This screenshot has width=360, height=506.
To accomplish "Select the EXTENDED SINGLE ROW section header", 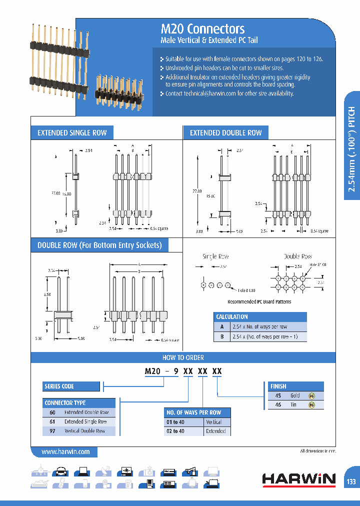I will tap(72, 133).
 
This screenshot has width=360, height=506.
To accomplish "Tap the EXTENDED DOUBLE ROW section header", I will tap(226, 133).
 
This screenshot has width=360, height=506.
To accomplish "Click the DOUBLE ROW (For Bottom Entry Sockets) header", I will tap(100, 245).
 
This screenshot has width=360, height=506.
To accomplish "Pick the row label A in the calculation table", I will tap(221, 326).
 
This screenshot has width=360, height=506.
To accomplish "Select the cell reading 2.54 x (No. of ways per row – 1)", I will tap(264, 337).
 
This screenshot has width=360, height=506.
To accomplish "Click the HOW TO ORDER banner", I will tap(183, 357).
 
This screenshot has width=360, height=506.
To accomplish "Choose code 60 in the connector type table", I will tap(52, 412).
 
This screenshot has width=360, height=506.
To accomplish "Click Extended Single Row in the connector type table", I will tap(85, 421).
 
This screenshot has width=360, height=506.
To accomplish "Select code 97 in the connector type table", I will tap(52, 430).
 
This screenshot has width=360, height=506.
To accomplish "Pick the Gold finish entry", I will tap(295, 395).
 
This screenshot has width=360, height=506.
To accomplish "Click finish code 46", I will tap(278, 404).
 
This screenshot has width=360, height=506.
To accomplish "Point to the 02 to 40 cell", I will tap(175, 431).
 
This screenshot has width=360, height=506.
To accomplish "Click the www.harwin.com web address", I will tap(65, 451).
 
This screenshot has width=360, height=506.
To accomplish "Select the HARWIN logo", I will tap(299, 479).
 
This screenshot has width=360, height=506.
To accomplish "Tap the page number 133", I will tap(351, 481).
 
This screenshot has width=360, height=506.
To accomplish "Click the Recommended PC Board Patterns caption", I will tap(259, 301).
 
